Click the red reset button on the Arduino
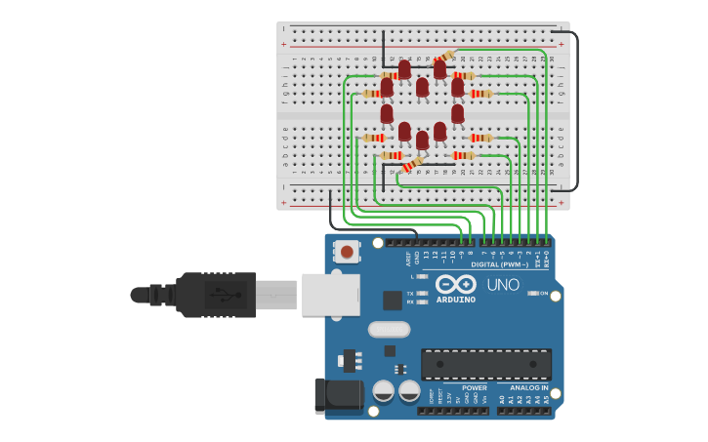click(x=347, y=252)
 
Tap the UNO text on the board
click(x=503, y=285)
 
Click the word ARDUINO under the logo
click(x=456, y=300)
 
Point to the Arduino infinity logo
click(x=456, y=284)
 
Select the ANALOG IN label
click(x=530, y=387)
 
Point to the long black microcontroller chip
click(x=485, y=364)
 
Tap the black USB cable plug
click(x=215, y=294)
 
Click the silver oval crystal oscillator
click(x=389, y=330)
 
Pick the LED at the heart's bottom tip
click(x=422, y=141)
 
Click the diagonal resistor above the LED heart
click(x=445, y=56)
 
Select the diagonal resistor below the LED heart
click(x=413, y=165)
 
